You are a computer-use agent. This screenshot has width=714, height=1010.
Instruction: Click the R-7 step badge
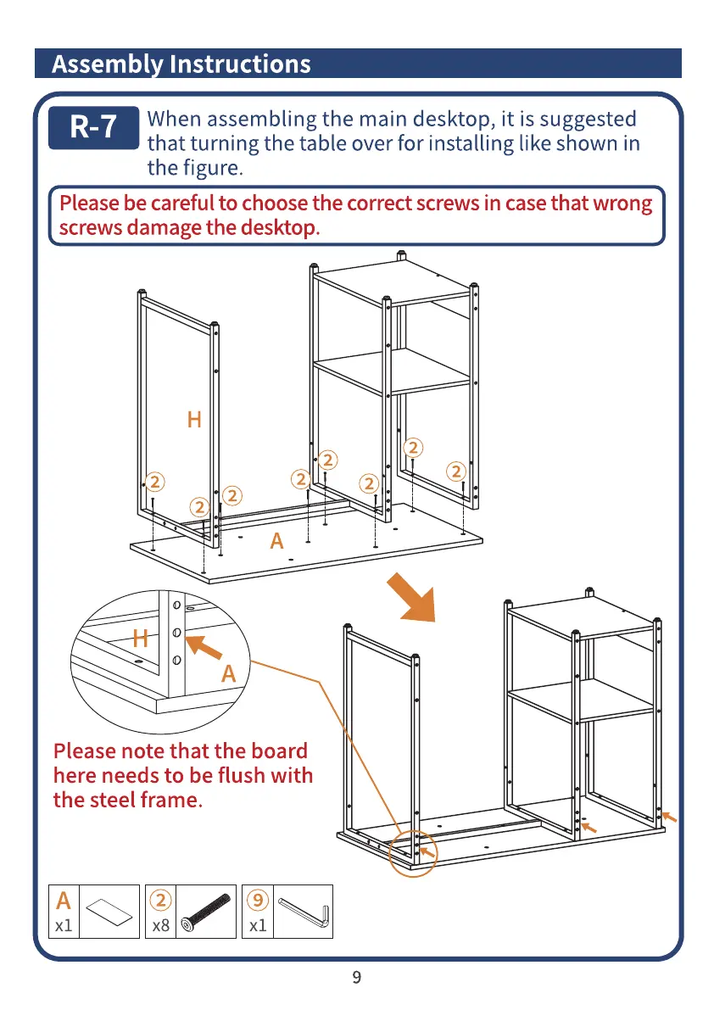(x=92, y=127)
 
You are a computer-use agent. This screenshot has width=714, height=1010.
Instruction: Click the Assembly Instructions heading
(x=181, y=64)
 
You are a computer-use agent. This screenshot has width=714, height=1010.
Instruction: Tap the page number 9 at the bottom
(x=356, y=978)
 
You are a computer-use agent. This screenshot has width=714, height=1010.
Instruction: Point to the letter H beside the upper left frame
(x=194, y=419)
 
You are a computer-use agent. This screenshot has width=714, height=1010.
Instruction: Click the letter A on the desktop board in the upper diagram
(x=276, y=541)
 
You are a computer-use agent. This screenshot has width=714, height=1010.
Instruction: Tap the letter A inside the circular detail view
(x=228, y=674)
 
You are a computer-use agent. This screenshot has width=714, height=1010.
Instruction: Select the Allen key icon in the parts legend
(x=304, y=912)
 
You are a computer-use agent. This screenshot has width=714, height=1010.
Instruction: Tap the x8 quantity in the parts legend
(x=160, y=925)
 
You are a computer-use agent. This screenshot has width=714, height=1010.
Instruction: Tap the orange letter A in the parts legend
(x=64, y=900)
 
